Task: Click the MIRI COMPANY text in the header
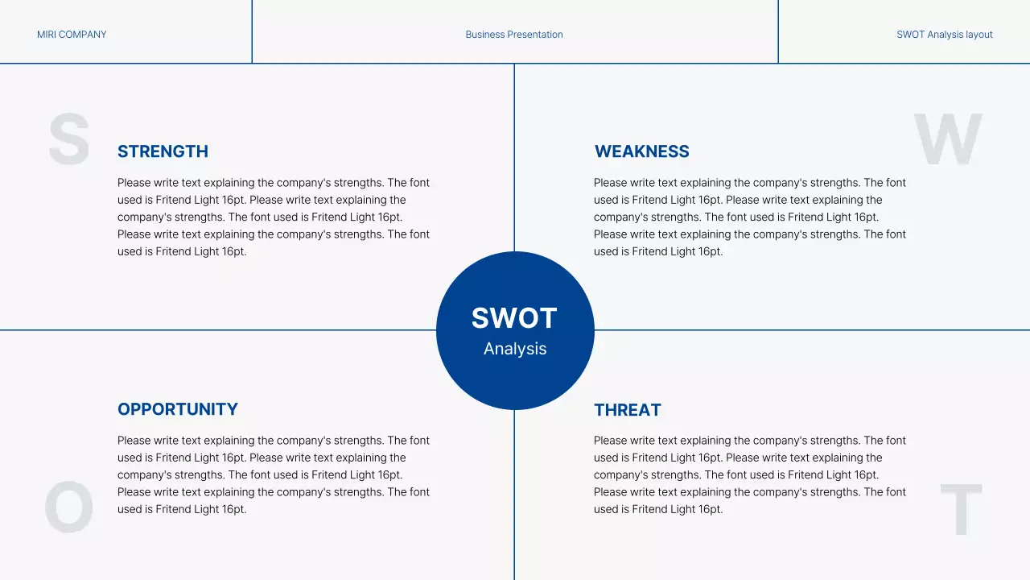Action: pos(72,35)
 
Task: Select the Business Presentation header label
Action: pos(514,35)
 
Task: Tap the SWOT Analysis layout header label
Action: pos(944,35)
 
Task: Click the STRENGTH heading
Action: pos(163,151)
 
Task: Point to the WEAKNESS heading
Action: pos(641,151)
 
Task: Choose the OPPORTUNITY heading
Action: pos(178,409)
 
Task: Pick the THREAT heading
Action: pos(628,410)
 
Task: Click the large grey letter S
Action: pos(68,139)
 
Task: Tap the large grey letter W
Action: pos(948,139)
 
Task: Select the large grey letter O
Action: pos(68,507)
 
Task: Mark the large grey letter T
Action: pos(961,509)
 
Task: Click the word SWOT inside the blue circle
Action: pos(514,318)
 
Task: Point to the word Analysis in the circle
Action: pos(515,349)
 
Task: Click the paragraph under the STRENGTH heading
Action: pos(274,217)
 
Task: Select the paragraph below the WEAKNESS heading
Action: pos(750,217)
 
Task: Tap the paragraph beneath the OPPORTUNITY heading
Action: pos(274,474)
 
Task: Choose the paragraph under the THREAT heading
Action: pos(750,474)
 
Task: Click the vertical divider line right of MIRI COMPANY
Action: pos(252,32)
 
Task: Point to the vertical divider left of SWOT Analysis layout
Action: pos(778,32)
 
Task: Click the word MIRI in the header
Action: pos(47,35)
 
